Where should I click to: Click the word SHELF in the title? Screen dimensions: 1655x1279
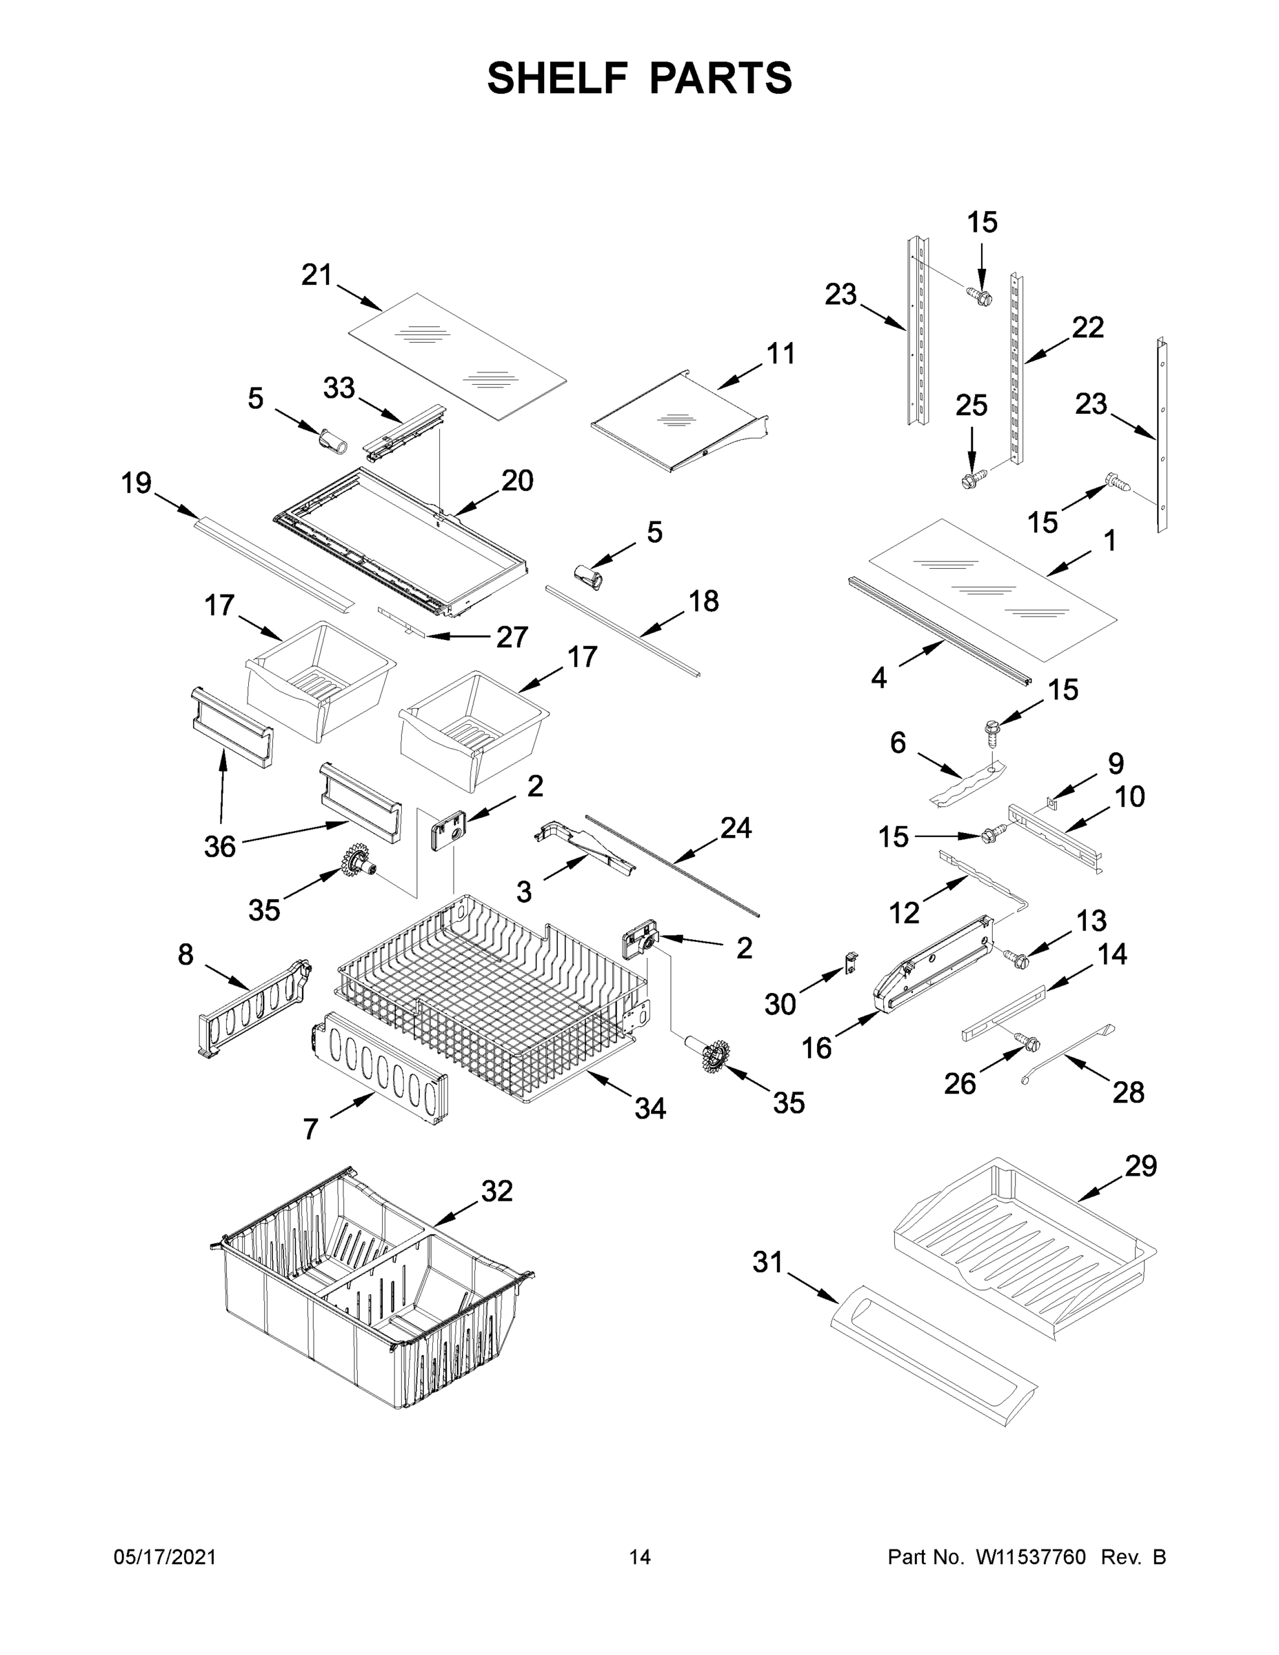click(557, 78)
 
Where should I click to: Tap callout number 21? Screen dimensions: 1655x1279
click(316, 275)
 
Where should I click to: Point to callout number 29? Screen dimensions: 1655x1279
click(1140, 1166)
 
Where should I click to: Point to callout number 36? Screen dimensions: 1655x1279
click(220, 846)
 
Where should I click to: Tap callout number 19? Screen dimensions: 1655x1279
click(137, 483)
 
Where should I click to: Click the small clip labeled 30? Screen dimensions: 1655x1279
click(852, 965)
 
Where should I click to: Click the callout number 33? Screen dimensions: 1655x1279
click(339, 388)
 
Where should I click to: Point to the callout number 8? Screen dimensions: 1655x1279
click(185, 955)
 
